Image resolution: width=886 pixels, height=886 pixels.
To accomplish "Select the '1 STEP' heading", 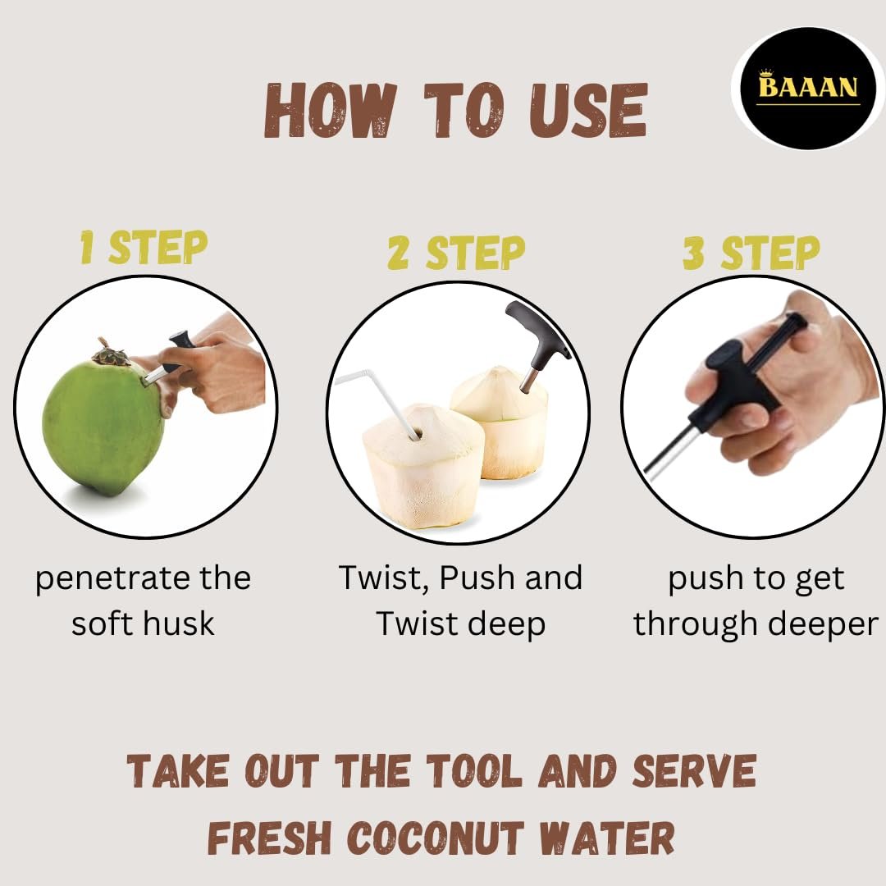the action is click(144, 247).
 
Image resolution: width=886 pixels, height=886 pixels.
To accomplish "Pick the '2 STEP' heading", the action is click(457, 252).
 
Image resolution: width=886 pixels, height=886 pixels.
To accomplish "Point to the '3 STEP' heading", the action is click(751, 252).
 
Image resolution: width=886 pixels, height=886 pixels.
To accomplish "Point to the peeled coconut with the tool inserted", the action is click(500, 422).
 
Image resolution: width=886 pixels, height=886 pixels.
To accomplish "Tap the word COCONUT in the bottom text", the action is click(435, 838).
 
